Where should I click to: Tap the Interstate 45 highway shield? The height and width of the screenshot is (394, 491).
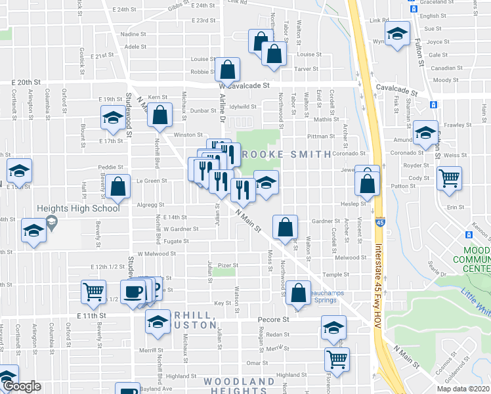tap(381, 224)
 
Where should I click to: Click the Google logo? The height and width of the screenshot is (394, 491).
tap(22, 386)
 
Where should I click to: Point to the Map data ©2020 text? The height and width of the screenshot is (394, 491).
tap(463, 389)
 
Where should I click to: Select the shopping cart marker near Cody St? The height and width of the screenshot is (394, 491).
tap(449, 177)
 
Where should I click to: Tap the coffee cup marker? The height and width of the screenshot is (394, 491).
tap(133, 292)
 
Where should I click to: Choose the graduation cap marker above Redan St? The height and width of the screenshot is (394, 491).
tap(333, 327)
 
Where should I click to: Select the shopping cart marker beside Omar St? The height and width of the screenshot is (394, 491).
tap(337, 359)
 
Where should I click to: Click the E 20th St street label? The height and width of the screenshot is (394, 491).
tap(26, 83)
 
